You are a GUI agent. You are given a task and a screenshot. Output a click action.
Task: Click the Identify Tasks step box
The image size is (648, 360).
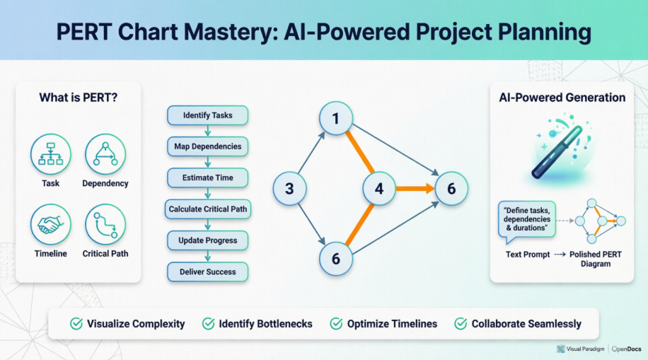[207, 115]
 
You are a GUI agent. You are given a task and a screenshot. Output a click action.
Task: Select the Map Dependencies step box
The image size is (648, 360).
[207, 147]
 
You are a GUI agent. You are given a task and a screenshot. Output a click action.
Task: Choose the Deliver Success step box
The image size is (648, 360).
[207, 272]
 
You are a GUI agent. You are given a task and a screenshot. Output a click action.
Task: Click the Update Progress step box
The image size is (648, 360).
[207, 240]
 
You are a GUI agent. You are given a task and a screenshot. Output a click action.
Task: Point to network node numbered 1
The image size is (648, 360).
[336, 120]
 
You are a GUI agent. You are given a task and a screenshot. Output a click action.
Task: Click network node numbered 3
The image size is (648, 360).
[289, 188]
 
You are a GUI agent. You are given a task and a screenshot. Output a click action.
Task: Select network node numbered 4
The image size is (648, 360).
[379, 189]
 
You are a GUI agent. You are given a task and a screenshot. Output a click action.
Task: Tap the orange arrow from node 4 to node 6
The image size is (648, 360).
[415, 189]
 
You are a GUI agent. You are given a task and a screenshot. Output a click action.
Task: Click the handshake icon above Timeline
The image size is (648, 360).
[50, 224]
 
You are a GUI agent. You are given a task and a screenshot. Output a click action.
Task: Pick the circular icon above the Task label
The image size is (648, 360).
[50, 154]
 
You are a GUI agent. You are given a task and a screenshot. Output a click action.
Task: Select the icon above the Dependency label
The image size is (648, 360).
[105, 154]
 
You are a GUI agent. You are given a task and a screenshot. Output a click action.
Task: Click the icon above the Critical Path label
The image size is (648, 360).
[105, 224]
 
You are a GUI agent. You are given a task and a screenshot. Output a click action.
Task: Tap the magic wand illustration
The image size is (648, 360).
[557, 151]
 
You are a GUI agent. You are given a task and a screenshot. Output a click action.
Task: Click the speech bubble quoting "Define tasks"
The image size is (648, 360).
[526, 219]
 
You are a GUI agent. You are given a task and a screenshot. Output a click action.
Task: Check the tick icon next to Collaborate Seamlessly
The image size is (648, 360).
[460, 324]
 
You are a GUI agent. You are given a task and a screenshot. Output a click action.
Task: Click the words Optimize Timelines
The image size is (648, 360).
[392, 324]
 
